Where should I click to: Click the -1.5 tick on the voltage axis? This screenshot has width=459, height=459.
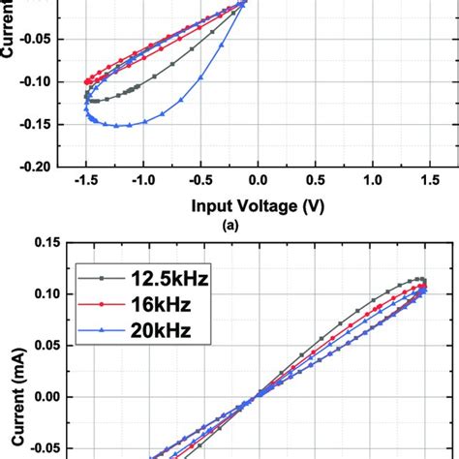(85, 180)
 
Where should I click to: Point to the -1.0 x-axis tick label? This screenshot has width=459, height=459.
(142, 180)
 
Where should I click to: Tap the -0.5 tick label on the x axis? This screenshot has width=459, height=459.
(199, 180)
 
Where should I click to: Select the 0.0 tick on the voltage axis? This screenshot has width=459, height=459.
(258, 180)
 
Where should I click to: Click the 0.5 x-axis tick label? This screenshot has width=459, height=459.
(315, 180)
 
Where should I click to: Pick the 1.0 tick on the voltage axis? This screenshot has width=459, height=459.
(372, 180)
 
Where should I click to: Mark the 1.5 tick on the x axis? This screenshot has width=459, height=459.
(429, 180)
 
